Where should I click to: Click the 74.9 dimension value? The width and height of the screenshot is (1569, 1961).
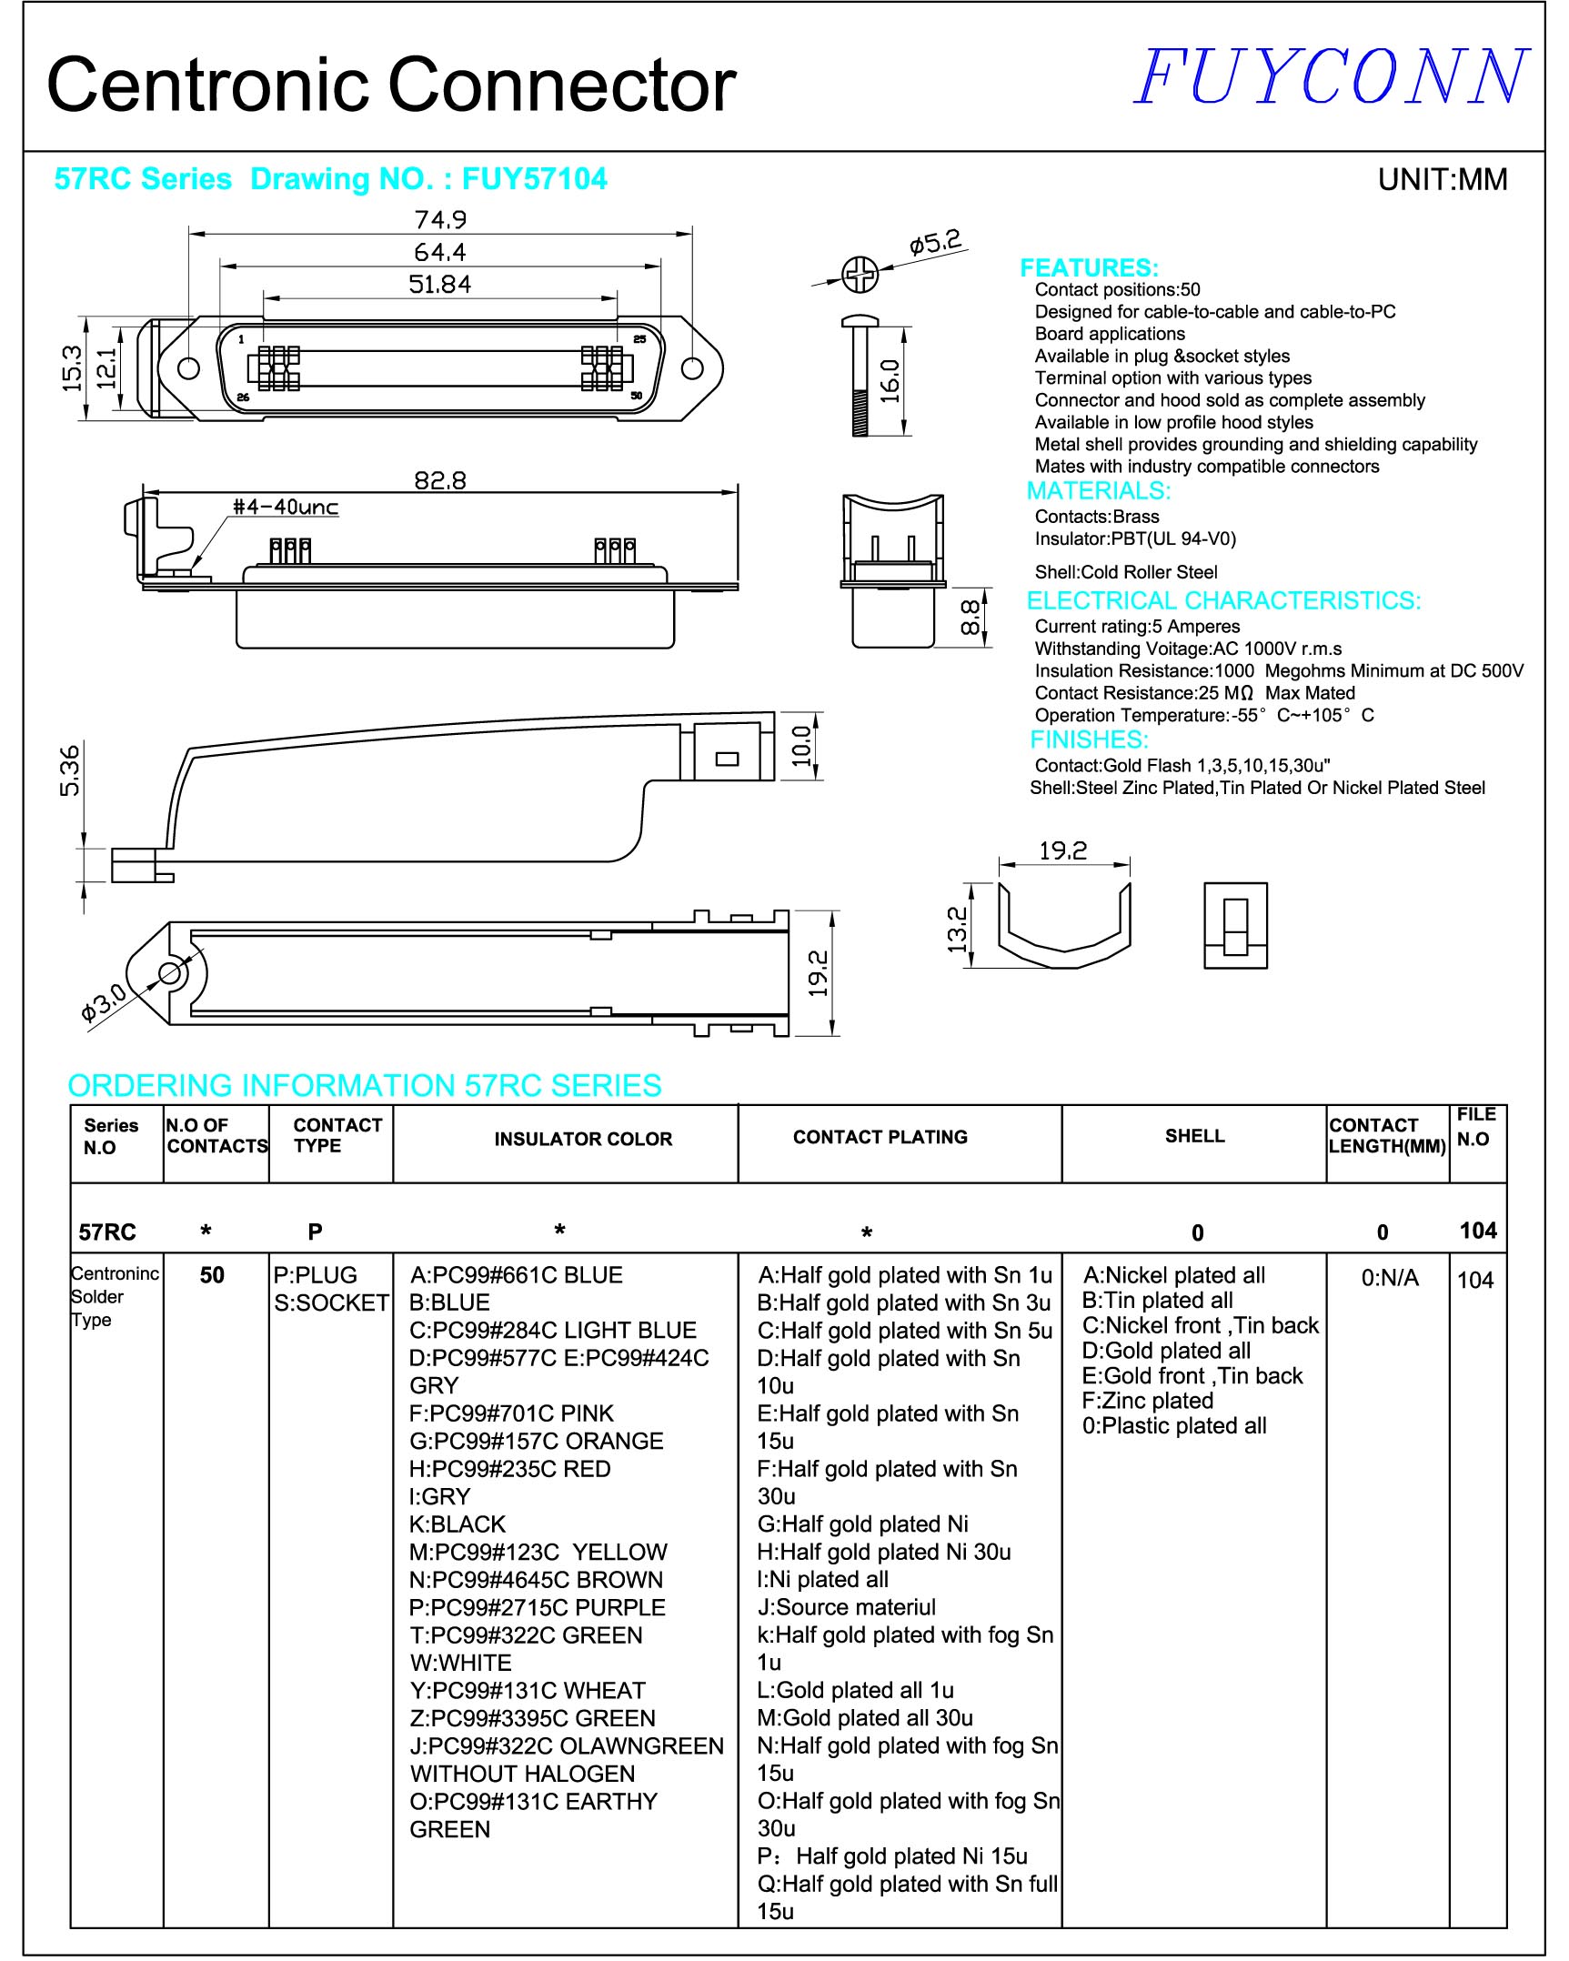tap(440, 220)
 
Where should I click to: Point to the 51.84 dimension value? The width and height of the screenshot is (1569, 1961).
tap(440, 285)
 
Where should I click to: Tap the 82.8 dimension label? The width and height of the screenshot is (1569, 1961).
tap(440, 480)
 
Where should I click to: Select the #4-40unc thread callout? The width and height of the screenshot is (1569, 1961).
tap(286, 508)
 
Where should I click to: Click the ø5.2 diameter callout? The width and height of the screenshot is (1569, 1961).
tap(935, 243)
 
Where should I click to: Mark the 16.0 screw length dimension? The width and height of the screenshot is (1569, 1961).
tap(890, 381)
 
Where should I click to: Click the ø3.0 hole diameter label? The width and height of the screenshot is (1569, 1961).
tap(103, 1003)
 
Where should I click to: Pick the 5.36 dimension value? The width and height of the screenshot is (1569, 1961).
tap(70, 770)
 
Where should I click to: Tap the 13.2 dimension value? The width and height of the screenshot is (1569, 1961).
tap(957, 930)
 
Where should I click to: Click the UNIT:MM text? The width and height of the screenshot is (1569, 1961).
tap(1442, 180)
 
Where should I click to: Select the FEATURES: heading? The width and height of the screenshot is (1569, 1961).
tap(1089, 268)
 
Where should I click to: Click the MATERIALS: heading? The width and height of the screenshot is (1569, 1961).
tap(1098, 491)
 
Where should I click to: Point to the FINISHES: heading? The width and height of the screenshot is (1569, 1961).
tap(1089, 739)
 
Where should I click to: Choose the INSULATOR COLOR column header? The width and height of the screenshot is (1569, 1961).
tap(583, 1139)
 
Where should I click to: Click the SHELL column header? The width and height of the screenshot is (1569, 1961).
tap(1194, 1136)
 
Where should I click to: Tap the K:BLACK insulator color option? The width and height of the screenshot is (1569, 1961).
tap(458, 1524)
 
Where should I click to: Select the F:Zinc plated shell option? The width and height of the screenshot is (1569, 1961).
tap(1147, 1401)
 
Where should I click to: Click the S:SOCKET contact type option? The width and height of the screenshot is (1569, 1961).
tap(331, 1303)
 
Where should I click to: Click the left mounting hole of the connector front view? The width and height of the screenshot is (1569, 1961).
tap(188, 368)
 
